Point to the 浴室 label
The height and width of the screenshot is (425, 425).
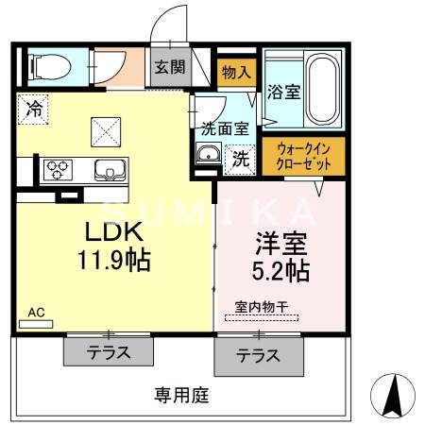click(283, 93)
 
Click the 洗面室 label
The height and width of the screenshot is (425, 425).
click(226, 128)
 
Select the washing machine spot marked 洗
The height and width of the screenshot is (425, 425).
click(241, 159)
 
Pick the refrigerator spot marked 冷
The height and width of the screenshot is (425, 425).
click(35, 110)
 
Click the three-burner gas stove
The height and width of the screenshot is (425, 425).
click(59, 171)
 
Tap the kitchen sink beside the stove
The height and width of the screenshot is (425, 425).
click(109, 171)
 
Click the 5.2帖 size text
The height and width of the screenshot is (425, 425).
click(280, 271)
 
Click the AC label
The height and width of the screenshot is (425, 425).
click(36, 312)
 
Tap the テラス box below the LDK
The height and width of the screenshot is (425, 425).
click(108, 352)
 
